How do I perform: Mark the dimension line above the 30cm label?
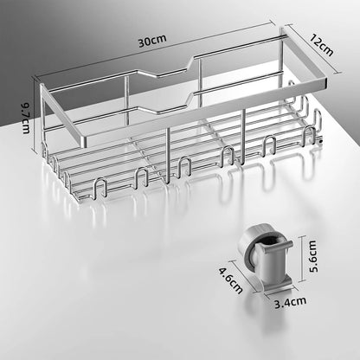164,52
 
